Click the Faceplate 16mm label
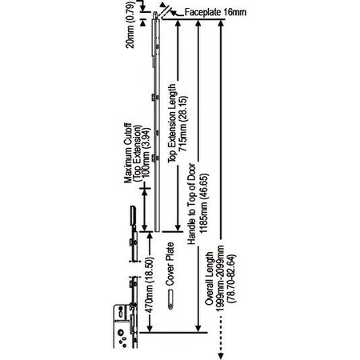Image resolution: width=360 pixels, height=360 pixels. tap(215, 12)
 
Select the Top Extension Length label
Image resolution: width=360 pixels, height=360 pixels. tap(172, 123)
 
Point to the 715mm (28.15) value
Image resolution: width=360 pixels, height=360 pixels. tap(183, 124)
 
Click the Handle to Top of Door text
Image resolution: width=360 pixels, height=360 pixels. tap(191, 204)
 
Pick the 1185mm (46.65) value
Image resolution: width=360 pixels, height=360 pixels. tap(203, 204)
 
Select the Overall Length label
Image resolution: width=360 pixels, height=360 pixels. tap(210, 278)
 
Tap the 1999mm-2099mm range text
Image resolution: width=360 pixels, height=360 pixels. tap(220, 278)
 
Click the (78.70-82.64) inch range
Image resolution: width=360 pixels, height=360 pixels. tap(231, 279)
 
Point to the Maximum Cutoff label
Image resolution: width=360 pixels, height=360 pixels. tap(128, 153)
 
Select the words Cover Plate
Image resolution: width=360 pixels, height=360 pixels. tap(170, 264)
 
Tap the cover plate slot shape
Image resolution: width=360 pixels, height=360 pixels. tap(170, 299)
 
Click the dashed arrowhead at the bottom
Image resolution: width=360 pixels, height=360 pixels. tap(221, 356)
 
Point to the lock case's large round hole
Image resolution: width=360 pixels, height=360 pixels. tap(121, 333)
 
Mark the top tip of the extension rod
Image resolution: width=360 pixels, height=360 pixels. tap(155, 12)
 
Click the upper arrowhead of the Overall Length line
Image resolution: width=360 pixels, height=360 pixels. tap(220, 22)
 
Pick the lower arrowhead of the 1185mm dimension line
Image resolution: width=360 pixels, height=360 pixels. tap(198, 329)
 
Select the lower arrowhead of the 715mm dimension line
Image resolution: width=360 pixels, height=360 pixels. tap(178, 228)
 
